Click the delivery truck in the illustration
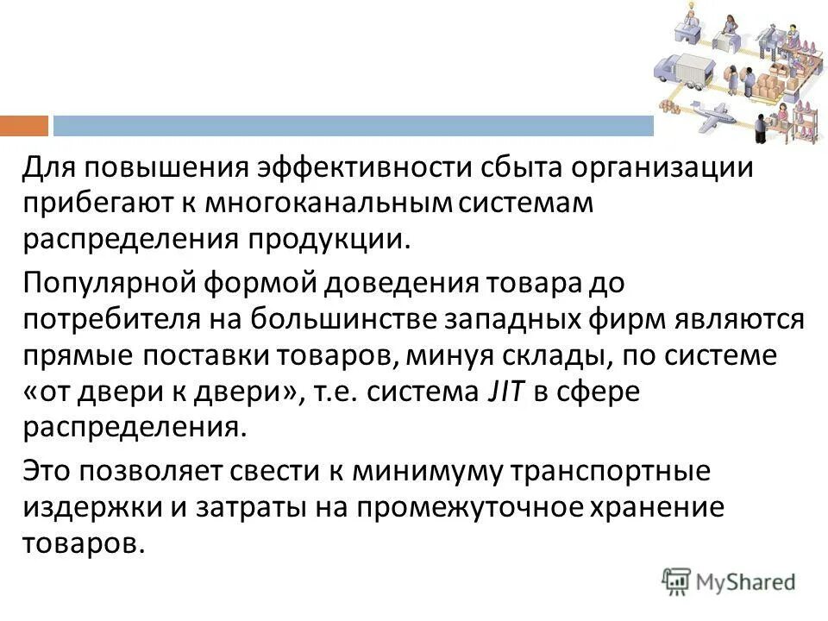685,70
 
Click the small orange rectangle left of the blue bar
24,126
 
